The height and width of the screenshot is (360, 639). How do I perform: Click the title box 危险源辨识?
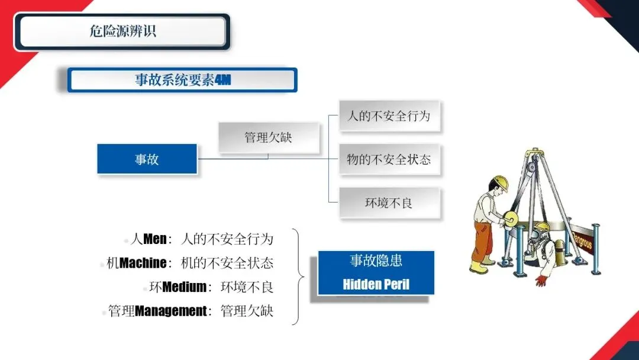(122, 31)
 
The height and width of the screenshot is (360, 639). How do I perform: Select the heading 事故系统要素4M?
(182, 80)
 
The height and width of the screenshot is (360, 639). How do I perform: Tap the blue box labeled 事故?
(147, 159)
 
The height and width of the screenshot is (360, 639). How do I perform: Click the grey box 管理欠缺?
(269, 137)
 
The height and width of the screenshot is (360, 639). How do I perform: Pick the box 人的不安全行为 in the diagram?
(389, 116)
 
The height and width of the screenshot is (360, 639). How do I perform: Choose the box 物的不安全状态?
(389, 159)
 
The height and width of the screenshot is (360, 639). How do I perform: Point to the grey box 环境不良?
(389, 202)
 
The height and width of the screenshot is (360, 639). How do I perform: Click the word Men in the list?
(155, 239)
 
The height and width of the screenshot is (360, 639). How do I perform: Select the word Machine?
(143, 263)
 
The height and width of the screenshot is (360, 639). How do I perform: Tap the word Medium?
(184, 287)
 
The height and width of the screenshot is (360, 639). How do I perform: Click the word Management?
(171, 311)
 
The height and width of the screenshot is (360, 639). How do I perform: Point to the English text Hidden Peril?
(376, 284)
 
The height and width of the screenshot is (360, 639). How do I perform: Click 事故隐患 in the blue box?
(376, 261)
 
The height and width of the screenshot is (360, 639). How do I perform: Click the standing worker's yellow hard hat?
(500, 182)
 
